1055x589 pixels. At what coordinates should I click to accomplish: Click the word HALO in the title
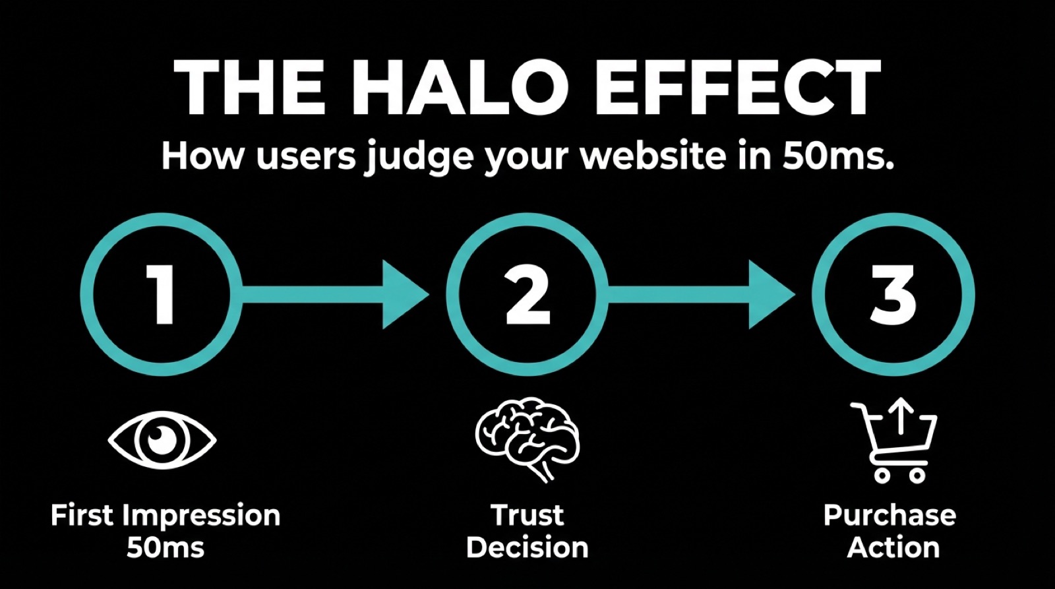coord(462,88)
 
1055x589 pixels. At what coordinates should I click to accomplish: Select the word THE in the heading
coord(250,88)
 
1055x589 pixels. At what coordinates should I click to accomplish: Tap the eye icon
coord(162,439)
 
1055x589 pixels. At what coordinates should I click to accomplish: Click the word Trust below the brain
coord(527,515)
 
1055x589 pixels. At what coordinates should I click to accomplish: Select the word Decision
coord(527,547)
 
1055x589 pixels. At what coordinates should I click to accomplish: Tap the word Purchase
coord(889,515)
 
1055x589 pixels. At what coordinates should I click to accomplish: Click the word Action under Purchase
coord(893,547)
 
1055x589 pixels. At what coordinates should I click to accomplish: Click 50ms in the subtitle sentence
coord(837,157)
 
